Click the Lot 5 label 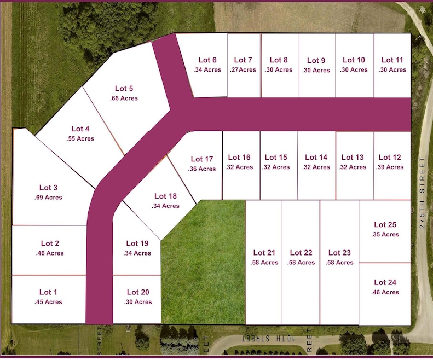(124, 88)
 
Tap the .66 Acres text (124, 98)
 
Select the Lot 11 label (392, 60)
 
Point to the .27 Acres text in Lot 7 (243, 70)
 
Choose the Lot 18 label (165, 196)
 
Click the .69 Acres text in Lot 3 (48, 198)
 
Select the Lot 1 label (48, 292)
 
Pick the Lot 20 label (137, 292)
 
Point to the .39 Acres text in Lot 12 (390, 167)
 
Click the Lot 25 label (385, 224)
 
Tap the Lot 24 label (385, 282)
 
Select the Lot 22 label (301, 253)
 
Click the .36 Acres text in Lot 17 (202, 169)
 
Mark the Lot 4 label (80, 129)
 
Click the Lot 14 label (316, 158)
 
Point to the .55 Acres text (80, 139)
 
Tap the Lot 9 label (316, 60)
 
